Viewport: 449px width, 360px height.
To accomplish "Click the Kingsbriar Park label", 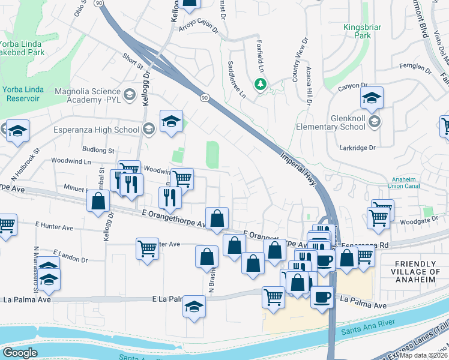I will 363,32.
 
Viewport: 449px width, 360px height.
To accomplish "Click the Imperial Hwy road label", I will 298,170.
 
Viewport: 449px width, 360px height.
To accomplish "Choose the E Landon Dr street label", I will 70,256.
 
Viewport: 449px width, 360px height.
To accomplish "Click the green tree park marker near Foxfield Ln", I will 261,85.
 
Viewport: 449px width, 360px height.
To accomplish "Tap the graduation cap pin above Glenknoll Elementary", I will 372,97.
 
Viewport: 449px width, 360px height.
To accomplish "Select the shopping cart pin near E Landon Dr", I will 147,248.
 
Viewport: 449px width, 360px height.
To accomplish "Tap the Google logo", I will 20,353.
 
